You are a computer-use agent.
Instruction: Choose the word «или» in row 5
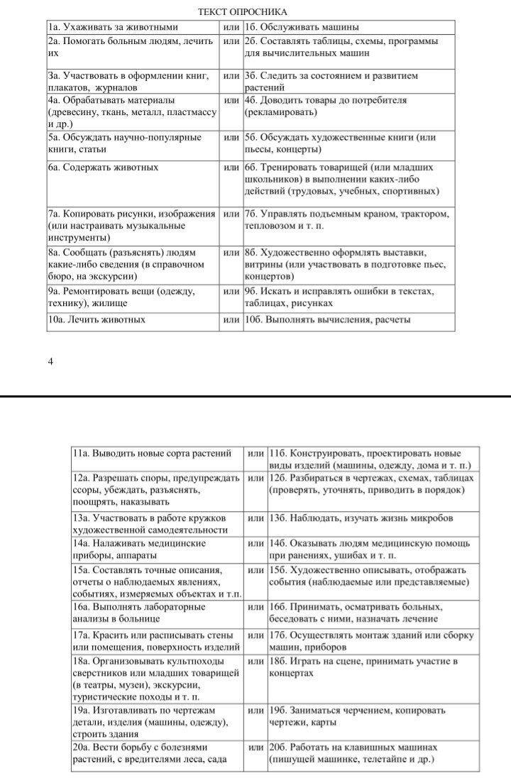(x=231, y=137)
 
